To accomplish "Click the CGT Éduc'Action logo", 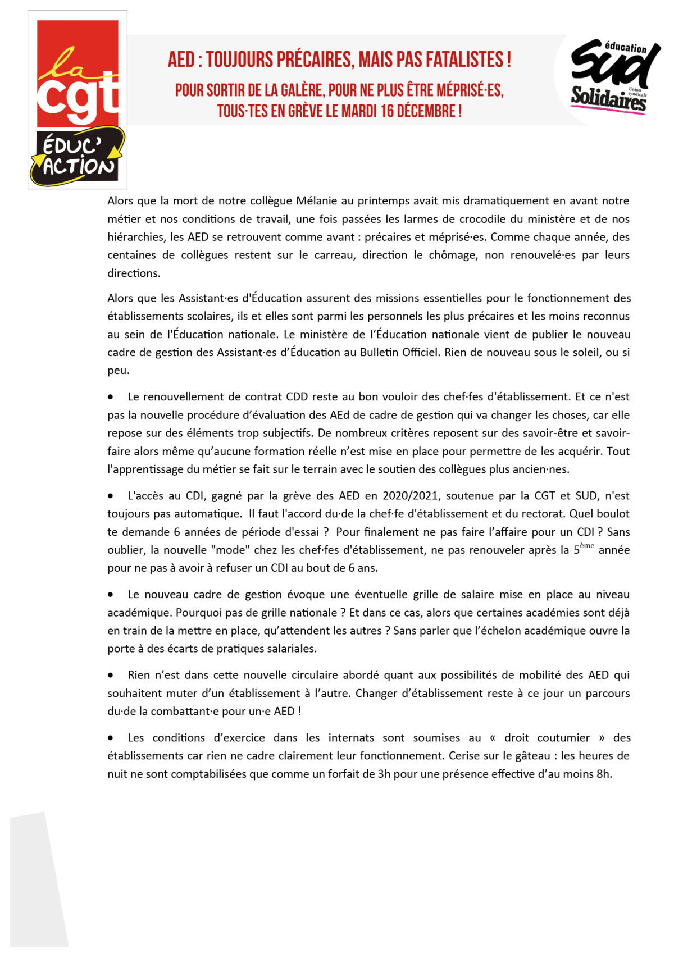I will click(x=78, y=100).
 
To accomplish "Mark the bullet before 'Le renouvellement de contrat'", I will click(x=111, y=397).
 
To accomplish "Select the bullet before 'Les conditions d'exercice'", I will click(x=111, y=738).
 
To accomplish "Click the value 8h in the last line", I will click(x=604, y=774).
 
